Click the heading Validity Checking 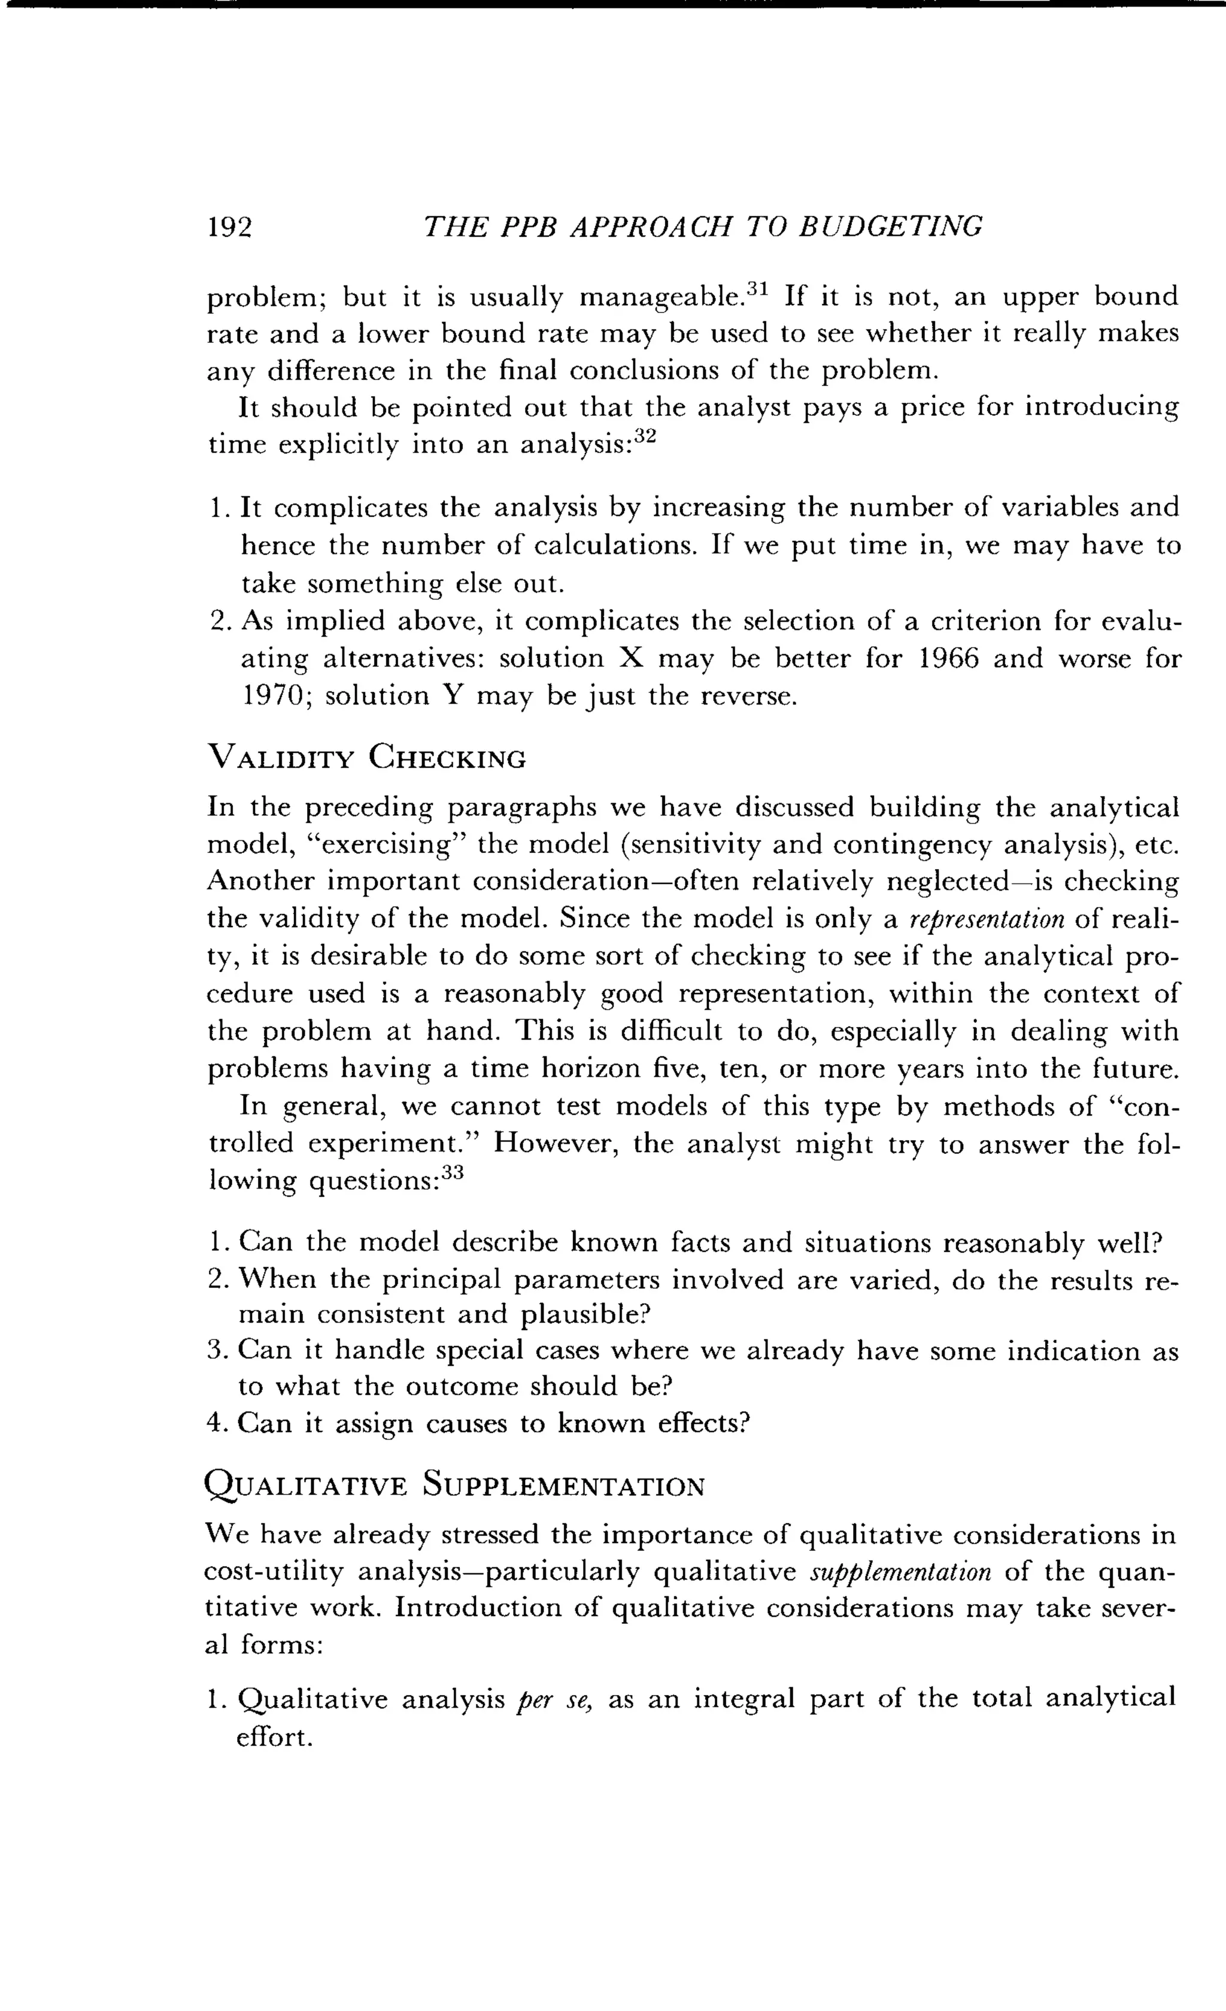point(368,758)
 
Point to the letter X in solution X point(633,658)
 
